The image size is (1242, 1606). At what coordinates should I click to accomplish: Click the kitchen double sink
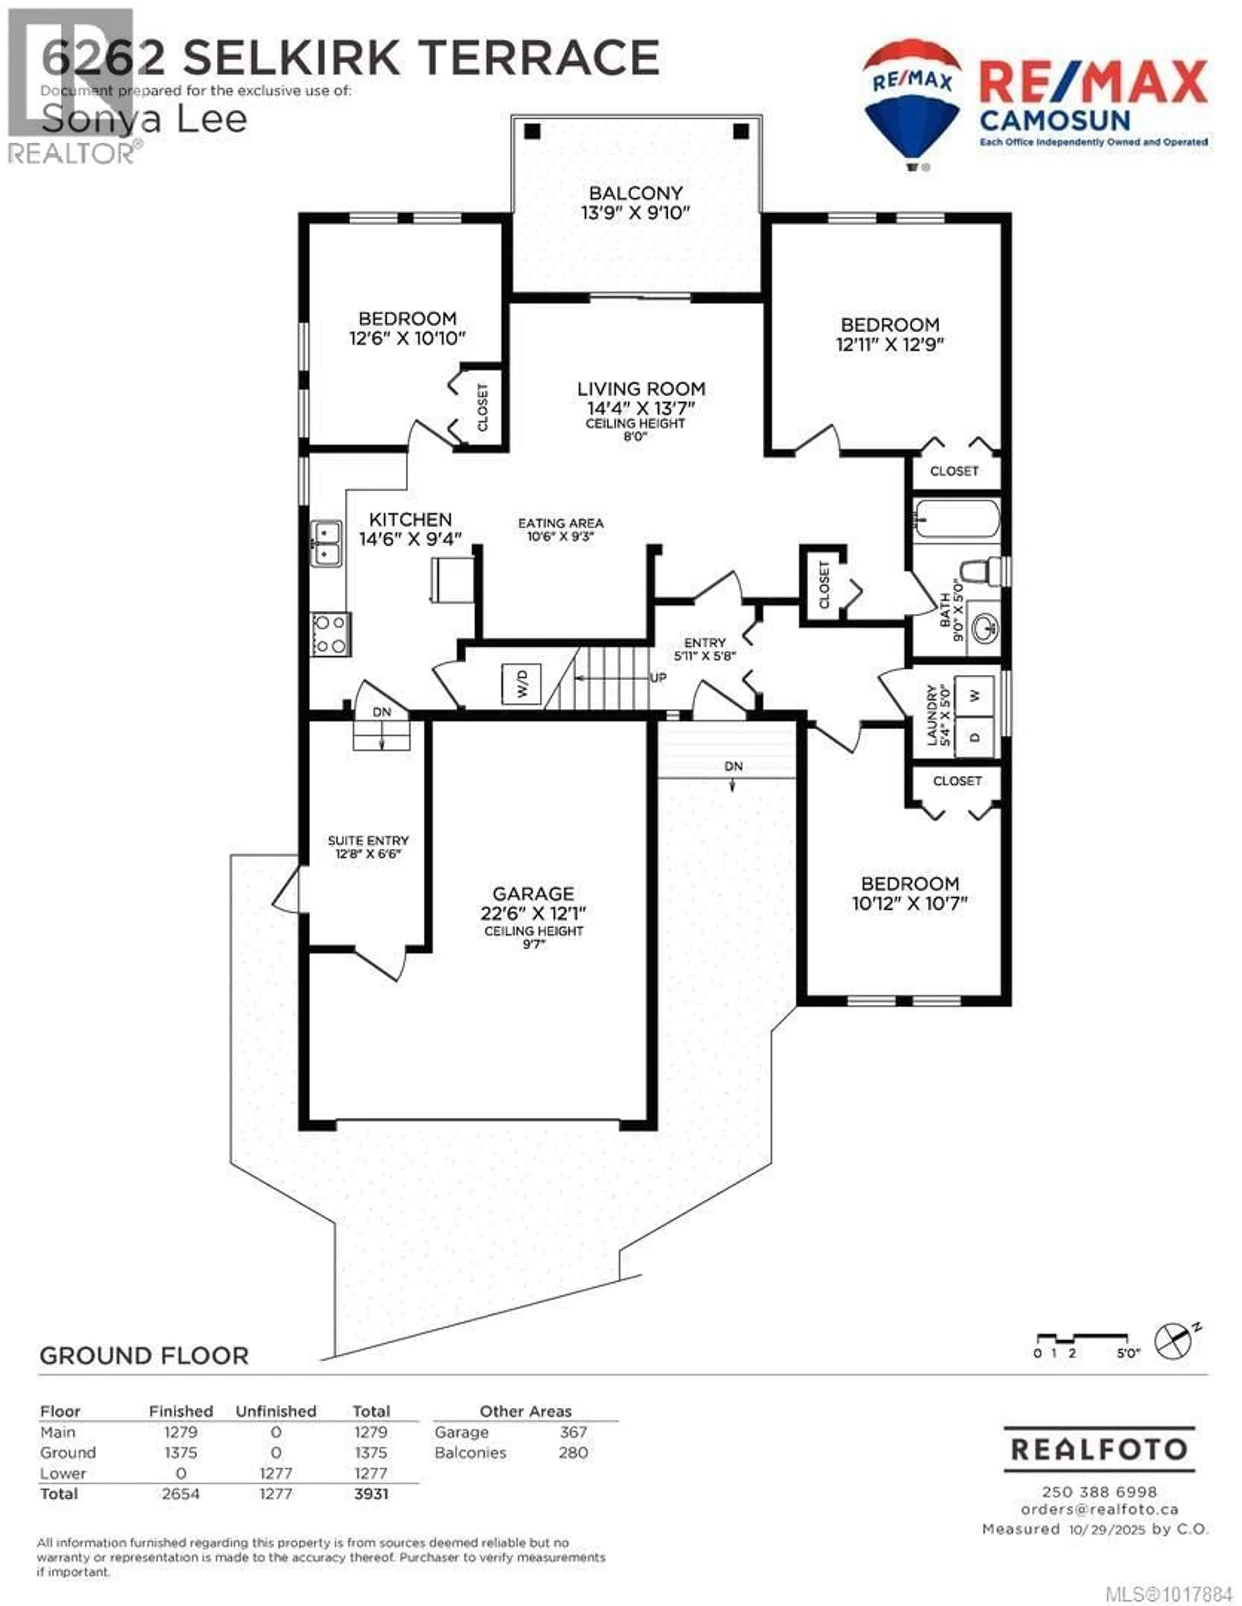[x=326, y=543]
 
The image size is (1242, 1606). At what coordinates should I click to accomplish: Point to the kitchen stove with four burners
[x=330, y=634]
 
